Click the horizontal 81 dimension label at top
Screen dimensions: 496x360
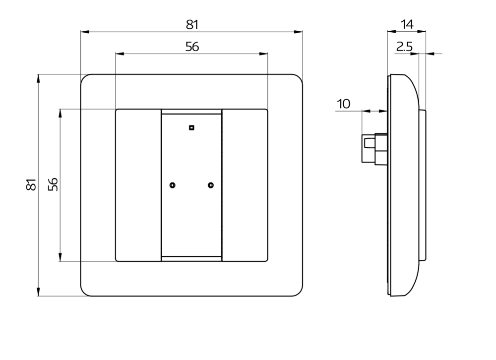click(x=192, y=24)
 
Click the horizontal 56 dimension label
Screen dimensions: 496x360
click(x=192, y=47)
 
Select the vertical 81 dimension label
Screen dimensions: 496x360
click(x=31, y=184)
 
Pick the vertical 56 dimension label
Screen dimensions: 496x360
click(x=53, y=184)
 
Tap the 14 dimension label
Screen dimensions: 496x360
click(x=407, y=24)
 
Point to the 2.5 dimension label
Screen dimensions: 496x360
click(x=405, y=47)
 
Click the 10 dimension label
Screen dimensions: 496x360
click(x=344, y=104)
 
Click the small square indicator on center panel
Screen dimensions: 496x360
click(x=191, y=128)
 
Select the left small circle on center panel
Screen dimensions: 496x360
click(x=173, y=185)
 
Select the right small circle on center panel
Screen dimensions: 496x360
click(x=211, y=185)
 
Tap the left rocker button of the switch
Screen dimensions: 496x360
click(x=138, y=185)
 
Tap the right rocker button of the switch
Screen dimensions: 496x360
click(x=245, y=185)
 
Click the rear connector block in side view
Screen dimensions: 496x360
click(x=374, y=149)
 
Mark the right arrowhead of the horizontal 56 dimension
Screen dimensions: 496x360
click(x=263, y=54)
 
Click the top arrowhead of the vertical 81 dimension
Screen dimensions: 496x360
click(x=38, y=79)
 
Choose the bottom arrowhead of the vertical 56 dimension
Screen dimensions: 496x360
click(x=60, y=257)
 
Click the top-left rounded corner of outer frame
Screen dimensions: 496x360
click(x=84, y=77)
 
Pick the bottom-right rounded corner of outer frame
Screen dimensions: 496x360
click(x=300, y=293)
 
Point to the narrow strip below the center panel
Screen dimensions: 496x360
click(x=191, y=258)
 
